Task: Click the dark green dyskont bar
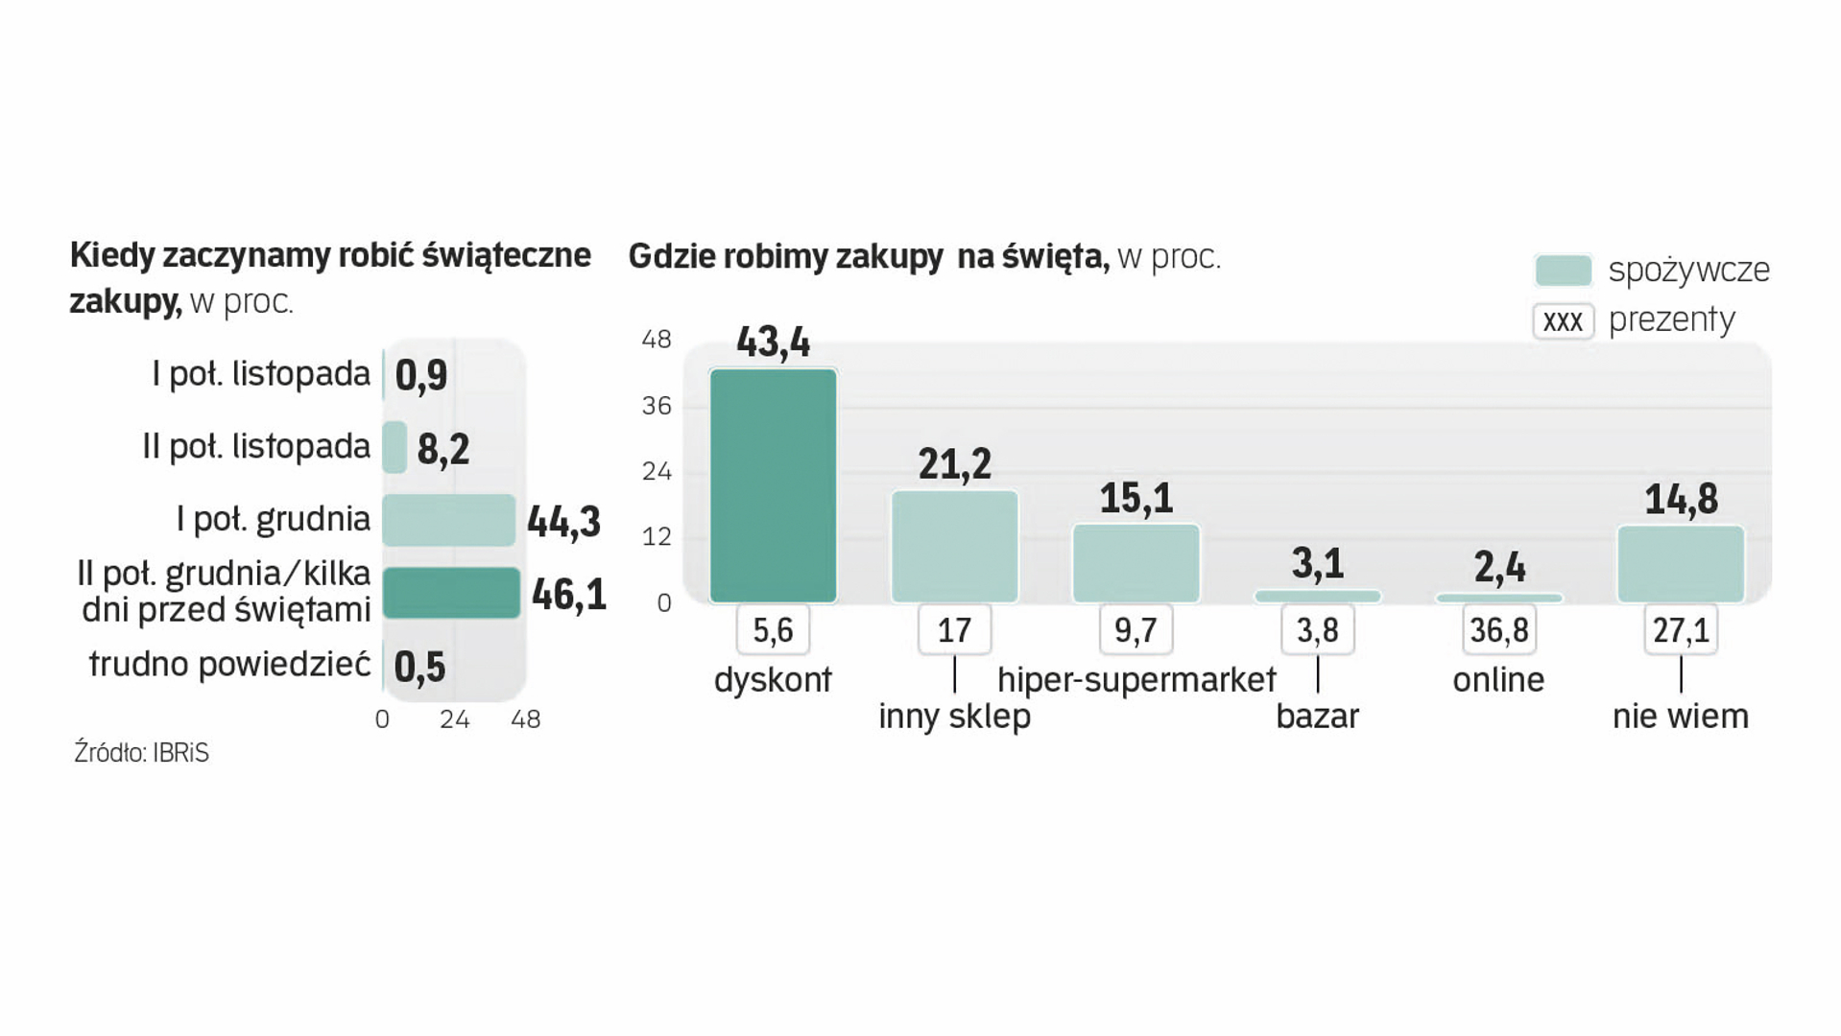pyautogui.click(x=773, y=485)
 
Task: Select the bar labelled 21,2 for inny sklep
pyautogui.click(x=954, y=547)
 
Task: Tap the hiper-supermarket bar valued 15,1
pyautogui.click(x=1136, y=563)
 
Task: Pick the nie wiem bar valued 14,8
pyautogui.click(x=1680, y=564)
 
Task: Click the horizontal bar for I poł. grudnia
pyautogui.click(x=448, y=520)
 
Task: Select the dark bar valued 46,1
pyautogui.click(x=451, y=593)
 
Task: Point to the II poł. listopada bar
pyautogui.click(x=394, y=447)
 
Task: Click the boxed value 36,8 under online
pyautogui.click(x=1498, y=630)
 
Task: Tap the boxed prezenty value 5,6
pyautogui.click(x=773, y=630)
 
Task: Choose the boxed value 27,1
pyautogui.click(x=1680, y=630)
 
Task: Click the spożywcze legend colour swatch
pyautogui.click(x=1563, y=271)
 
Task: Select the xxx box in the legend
pyautogui.click(x=1563, y=320)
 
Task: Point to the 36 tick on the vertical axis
pyautogui.click(x=657, y=406)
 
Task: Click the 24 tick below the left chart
pyautogui.click(x=454, y=719)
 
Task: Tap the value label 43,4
pyautogui.click(x=773, y=342)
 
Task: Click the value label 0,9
pyautogui.click(x=421, y=375)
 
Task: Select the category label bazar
pyautogui.click(x=1317, y=717)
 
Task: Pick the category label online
pyautogui.click(x=1498, y=680)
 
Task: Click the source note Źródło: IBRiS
pyautogui.click(x=141, y=753)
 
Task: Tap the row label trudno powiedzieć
pyautogui.click(x=229, y=664)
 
